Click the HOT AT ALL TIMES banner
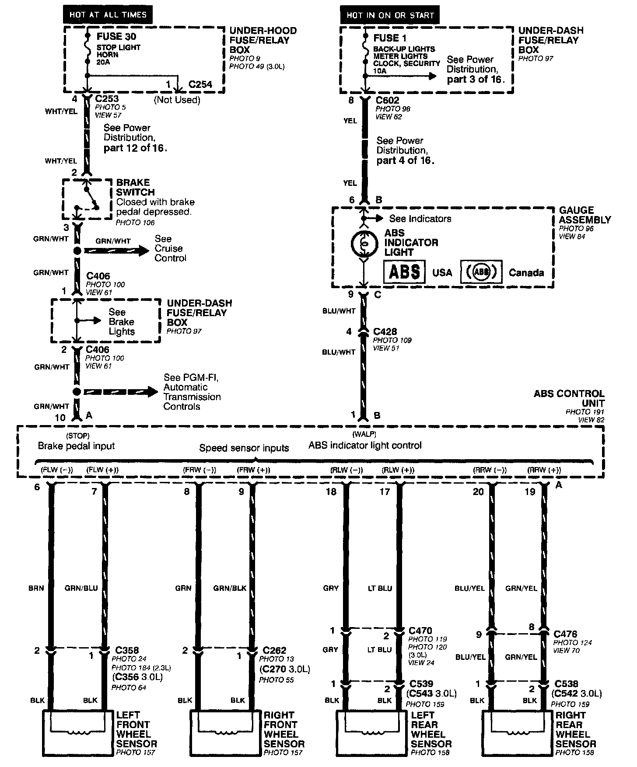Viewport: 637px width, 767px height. pyautogui.click(x=108, y=15)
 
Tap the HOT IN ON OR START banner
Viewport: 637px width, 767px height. pyautogui.click(x=390, y=15)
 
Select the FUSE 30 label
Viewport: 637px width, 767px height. pyautogui.click(x=116, y=36)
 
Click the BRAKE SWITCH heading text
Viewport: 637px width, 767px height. pyautogui.click(x=135, y=187)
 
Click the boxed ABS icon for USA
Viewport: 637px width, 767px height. pyautogui.click(x=404, y=272)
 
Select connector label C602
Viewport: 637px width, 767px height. pyautogui.click(x=387, y=100)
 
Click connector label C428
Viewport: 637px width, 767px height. pyautogui.click(x=385, y=332)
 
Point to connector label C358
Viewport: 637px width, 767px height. pyautogui.click(x=127, y=650)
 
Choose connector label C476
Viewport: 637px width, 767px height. pyautogui.click(x=565, y=634)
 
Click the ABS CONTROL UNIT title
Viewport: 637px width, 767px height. pyautogui.click(x=569, y=398)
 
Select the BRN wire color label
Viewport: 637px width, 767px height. pyautogui.click(x=36, y=588)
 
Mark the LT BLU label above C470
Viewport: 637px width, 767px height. pyautogui.click(x=380, y=588)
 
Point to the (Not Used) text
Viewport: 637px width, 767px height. pyautogui.click(x=177, y=100)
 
